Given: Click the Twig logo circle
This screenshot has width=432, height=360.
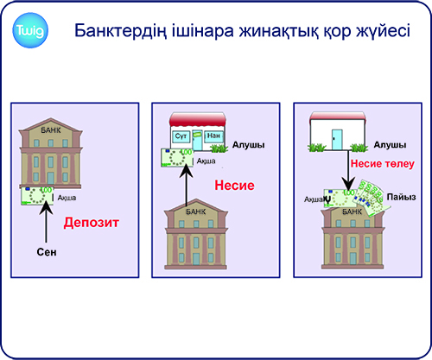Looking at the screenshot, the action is [30, 30].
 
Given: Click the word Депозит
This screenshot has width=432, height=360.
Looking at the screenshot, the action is [92, 223].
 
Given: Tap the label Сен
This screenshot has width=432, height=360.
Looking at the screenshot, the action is [47, 252].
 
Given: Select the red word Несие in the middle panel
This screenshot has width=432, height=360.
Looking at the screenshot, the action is [234, 186].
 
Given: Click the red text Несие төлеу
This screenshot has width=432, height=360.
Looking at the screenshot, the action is [383, 164].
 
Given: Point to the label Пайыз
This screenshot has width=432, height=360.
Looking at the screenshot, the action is [401, 197].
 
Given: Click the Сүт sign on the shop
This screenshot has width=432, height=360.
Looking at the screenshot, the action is [181, 136].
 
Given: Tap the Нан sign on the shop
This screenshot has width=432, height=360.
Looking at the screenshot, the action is [213, 136].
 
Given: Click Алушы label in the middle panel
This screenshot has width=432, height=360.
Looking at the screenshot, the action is [249, 145].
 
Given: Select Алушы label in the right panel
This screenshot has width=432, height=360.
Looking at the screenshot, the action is [390, 145].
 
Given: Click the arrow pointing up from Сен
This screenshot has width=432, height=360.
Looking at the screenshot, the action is [46, 222].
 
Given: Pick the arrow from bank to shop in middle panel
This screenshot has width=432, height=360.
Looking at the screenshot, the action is [187, 186].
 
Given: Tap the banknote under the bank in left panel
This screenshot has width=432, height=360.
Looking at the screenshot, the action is [37, 196].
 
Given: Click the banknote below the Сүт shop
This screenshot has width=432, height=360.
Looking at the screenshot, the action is [177, 157].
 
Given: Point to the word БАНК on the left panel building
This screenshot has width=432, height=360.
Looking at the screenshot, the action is [51, 130].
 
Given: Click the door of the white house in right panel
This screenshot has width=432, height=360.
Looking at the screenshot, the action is [337, 140].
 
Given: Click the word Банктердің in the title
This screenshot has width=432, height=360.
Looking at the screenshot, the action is [121, 31].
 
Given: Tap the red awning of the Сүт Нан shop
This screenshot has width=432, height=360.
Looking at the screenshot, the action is [198, 119].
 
